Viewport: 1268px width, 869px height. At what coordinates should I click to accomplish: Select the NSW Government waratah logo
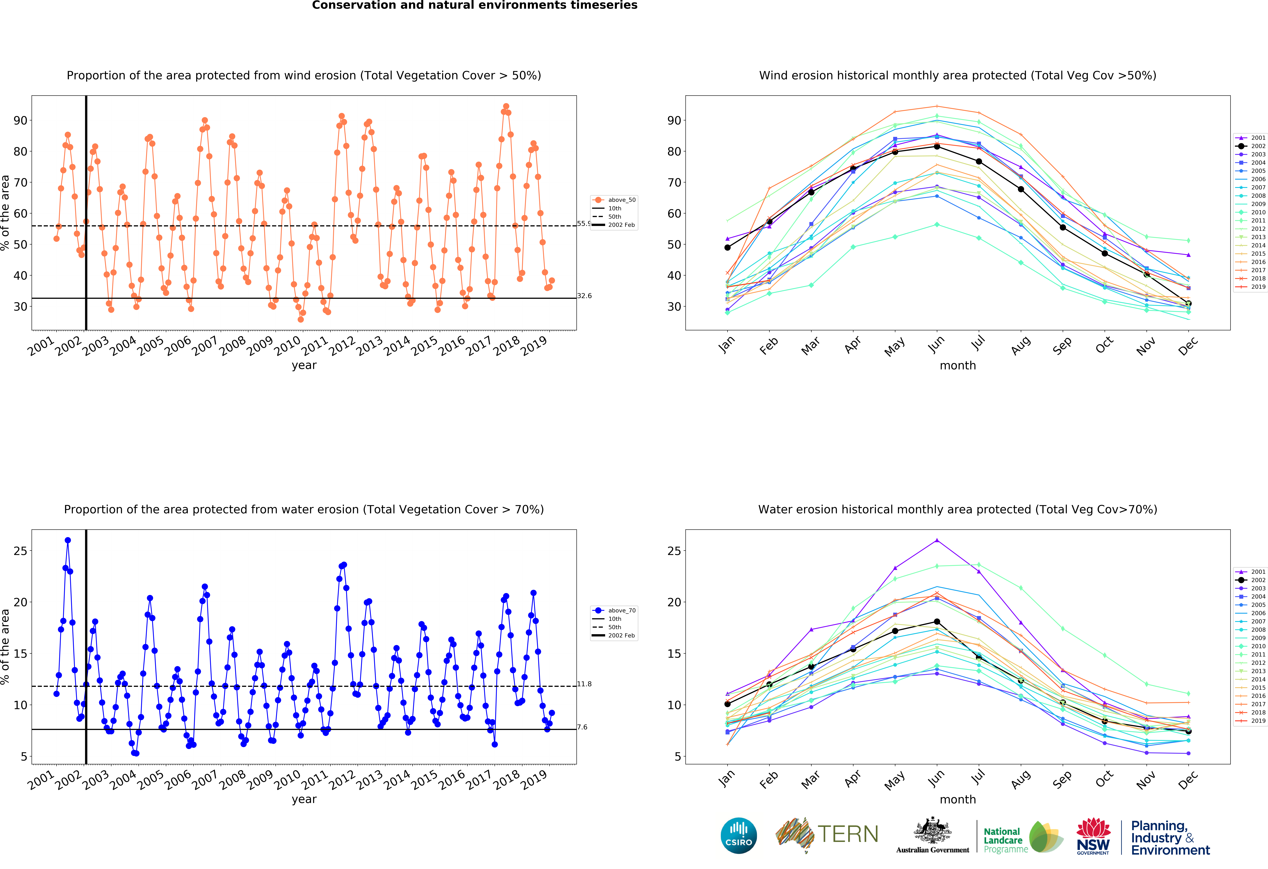[1093, 836]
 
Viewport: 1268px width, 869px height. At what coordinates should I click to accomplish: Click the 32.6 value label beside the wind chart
[584, 296]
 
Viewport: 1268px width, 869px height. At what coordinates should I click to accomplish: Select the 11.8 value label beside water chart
[584, 684]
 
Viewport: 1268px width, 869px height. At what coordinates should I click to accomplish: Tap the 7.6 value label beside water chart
[582, 727]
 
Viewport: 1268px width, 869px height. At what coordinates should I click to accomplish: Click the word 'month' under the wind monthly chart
[958, 365]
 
